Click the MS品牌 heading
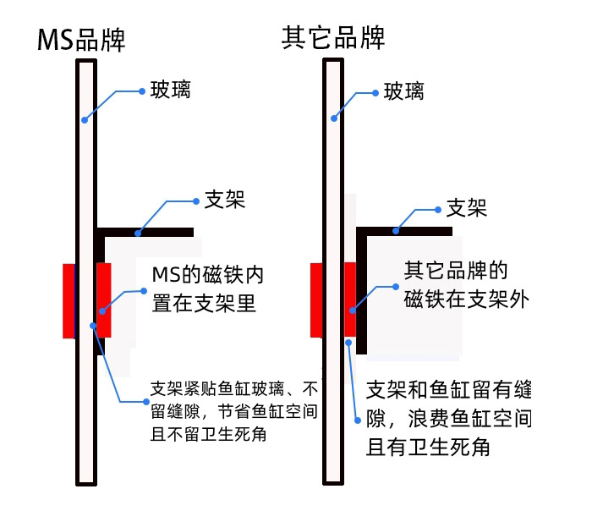click(81, 40)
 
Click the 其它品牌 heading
click(333, 38)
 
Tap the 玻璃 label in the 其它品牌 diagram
click(403, 91)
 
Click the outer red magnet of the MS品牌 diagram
click(69, 300)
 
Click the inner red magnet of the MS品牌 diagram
click(104, 300)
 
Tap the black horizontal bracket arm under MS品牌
click(144, 231)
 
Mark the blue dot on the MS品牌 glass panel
click(85, 120)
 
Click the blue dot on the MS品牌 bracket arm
click(138, 231)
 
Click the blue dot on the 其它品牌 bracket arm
click(395, 229)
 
